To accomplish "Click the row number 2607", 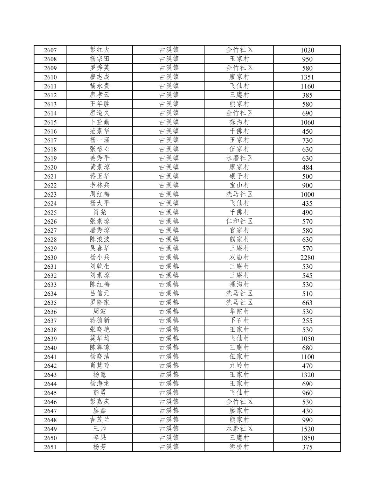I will (50, 50).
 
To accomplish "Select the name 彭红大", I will (99, 50).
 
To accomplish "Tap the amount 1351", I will (307, 77).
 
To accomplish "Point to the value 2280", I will (307, 258).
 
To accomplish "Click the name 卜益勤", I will (99, 122).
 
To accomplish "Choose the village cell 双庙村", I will (239, 258).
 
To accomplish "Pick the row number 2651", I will (50, 447).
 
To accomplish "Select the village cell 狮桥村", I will (239, 447).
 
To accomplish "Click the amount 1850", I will (307, 438).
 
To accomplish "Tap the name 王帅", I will (99, 429).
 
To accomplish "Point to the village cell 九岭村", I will (239, 366).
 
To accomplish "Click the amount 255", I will (307, 321).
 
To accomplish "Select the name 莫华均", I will (99, 339).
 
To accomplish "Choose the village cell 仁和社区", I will (239, 221).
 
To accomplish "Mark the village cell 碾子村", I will (239, 176).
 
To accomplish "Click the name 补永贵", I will (99, 86).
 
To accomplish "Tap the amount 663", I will (307, 303).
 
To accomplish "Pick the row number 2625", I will (50, 212).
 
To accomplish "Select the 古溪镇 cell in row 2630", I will (169, 258).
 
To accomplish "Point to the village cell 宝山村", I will (239, 185).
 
